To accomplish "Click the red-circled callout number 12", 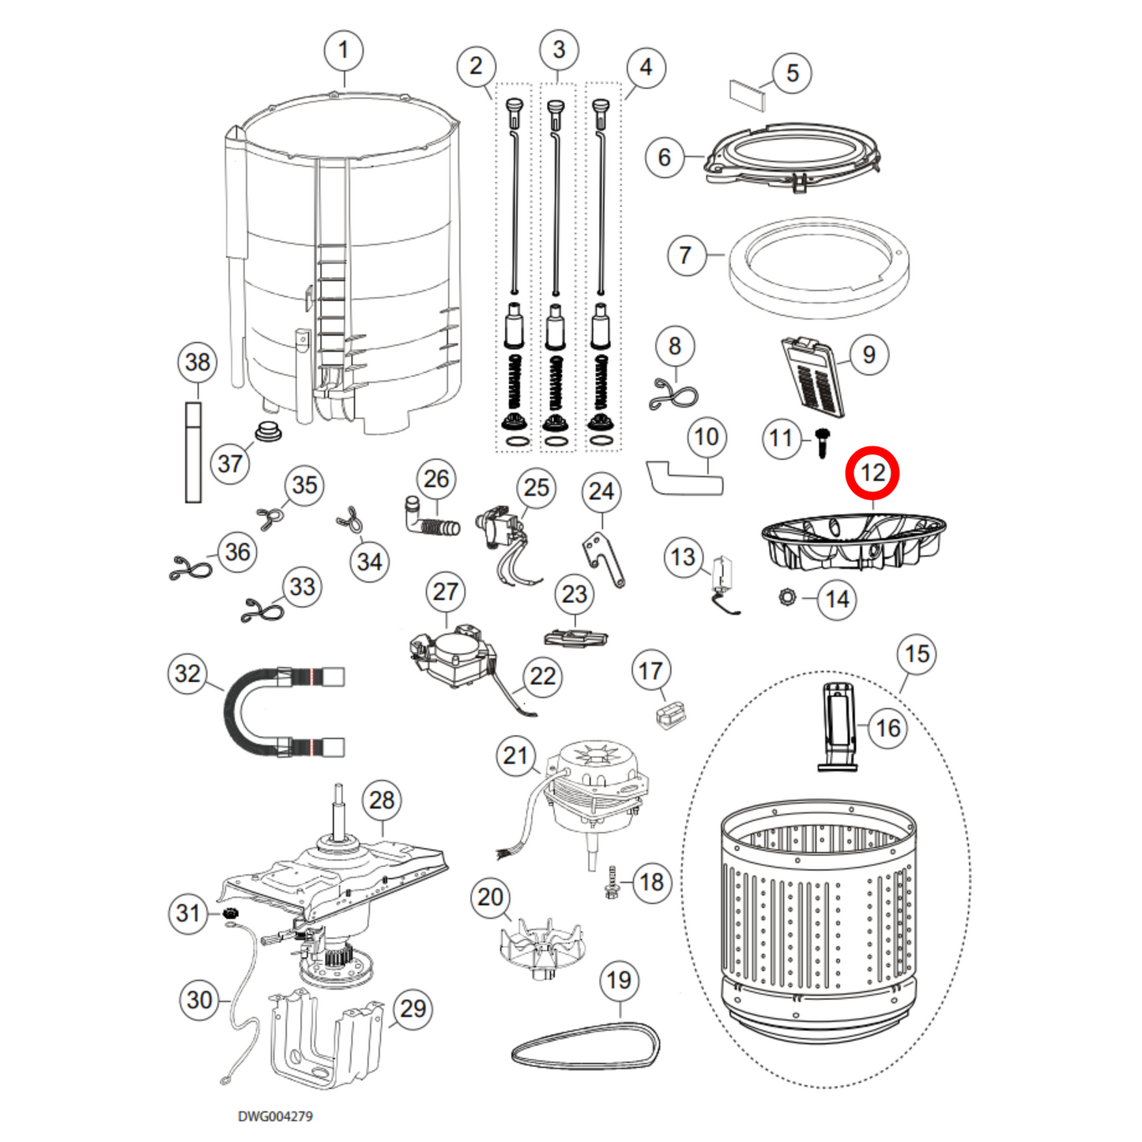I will [x=873, y=473].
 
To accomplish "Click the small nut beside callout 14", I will [x=786, y=597].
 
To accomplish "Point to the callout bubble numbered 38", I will [x=198, y=362].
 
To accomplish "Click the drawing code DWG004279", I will [x=275, y=1116].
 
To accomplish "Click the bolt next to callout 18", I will [x=611, y=882].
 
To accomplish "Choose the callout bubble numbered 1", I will [x=343, y=51].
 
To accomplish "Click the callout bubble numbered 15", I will [x=917, y=654].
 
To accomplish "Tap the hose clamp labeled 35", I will [x=269, y=518].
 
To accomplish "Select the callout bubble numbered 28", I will [x=382, y=800].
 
